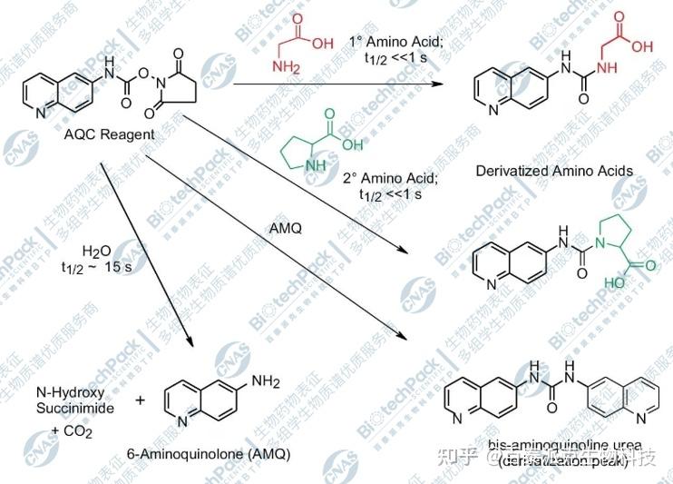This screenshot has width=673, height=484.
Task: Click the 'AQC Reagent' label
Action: coord(110,135)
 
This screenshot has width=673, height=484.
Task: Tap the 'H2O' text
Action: coord(94,251)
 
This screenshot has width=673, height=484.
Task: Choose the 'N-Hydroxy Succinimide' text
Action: coord(76,400)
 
